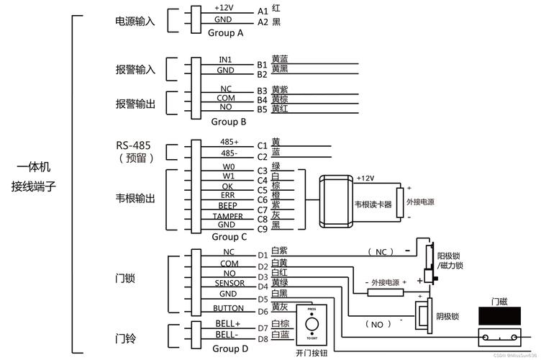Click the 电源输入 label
(x=135, y=22)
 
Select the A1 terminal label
(x=262, y=12)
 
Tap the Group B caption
(x=229, y=122)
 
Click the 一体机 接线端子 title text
(x=34, y=177)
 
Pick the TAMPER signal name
(x=227, y=215)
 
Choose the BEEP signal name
(x=227, y=205)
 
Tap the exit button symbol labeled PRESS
(x=312, y=324)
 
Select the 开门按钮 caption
(x=312, y=354)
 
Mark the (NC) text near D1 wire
(x=381, y=252)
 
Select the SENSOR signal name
(x=229, y=284)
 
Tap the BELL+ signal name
(x=227, y=324)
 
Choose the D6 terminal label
(x=263, y=311)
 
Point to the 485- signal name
(x=229, y=153)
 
